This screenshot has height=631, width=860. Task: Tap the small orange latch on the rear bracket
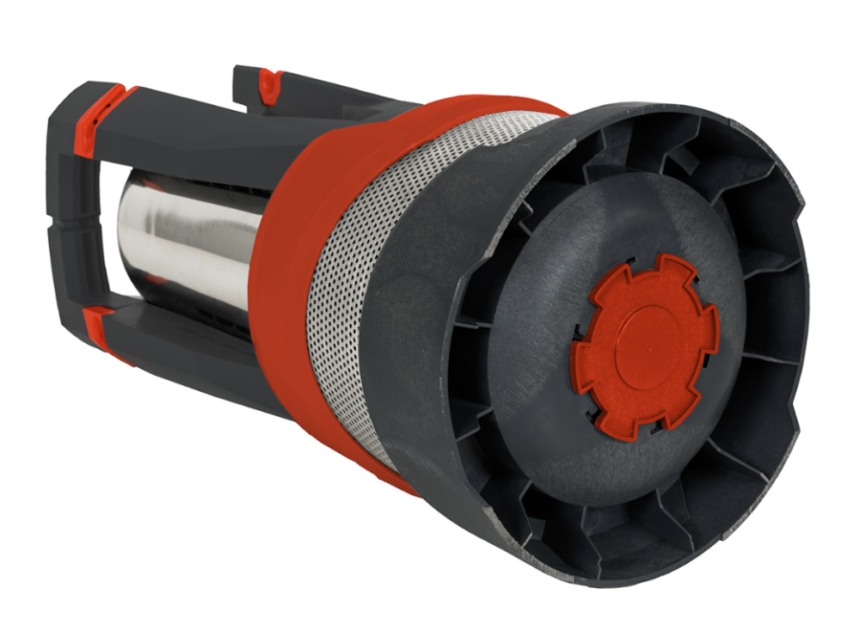pos(270,84)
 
